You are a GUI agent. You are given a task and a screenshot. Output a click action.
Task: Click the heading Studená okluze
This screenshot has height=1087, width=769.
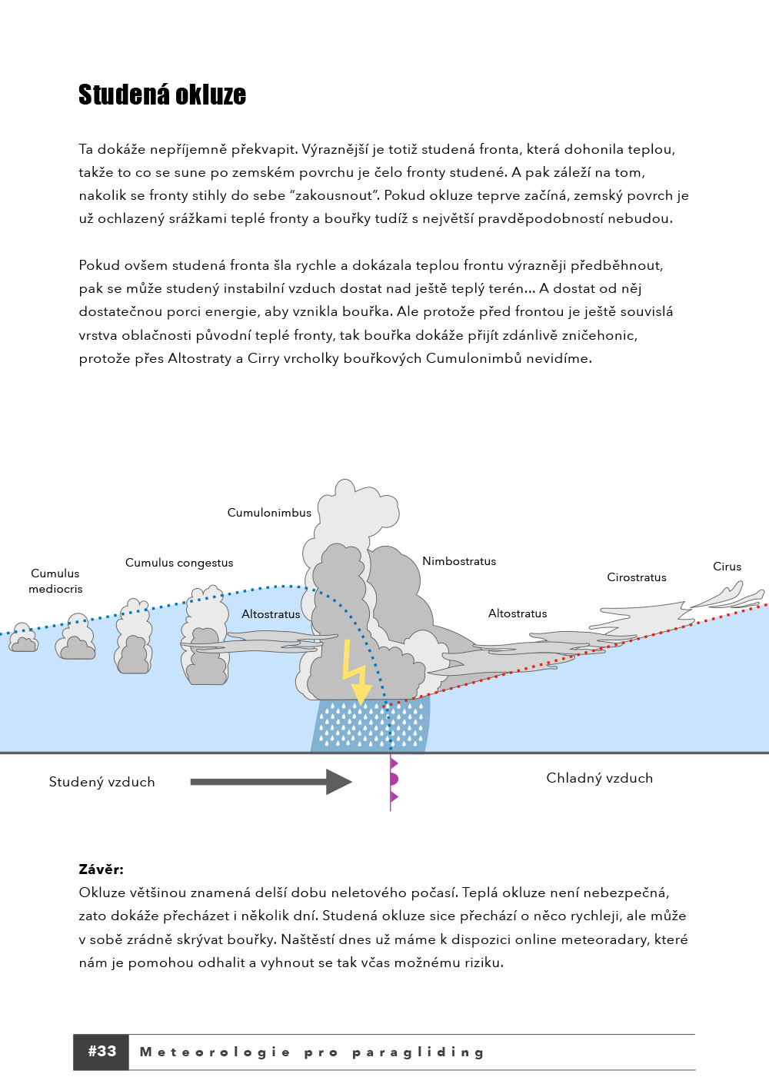click(162, 95)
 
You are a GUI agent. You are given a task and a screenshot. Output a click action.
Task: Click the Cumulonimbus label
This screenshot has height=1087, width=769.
click(269, 513)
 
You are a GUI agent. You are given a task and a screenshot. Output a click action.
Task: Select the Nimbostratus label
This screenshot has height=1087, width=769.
click(459, 561)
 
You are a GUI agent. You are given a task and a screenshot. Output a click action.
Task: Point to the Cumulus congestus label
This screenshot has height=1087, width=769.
click(179, 563)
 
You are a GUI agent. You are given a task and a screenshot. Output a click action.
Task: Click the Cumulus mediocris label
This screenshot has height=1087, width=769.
click(55, 581)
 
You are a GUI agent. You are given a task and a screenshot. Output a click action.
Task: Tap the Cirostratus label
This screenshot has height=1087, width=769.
click(637, 577)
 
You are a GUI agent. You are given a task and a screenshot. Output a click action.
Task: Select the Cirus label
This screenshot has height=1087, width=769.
click(727, 567)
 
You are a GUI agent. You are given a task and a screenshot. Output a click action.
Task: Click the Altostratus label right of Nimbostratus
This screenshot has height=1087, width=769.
click(518, 613)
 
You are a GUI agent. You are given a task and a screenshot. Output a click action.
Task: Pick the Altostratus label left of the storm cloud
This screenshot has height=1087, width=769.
click(271, 614)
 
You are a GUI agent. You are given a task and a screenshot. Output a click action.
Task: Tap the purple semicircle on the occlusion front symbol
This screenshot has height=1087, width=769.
click(394, 780)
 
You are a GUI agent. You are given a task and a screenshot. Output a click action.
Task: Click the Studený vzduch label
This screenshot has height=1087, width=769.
click(102, 782)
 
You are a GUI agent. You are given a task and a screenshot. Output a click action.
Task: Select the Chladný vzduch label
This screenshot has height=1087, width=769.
click(599, 778)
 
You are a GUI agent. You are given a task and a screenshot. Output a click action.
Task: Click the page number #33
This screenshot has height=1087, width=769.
click(102, 1052)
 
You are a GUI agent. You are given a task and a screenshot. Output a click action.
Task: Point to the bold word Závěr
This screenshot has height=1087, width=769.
click(101, 869)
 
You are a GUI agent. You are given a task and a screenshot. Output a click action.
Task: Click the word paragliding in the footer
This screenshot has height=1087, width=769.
click(418, 1052)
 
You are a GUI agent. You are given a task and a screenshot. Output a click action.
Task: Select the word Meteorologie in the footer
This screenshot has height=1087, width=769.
click(215, 1052)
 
